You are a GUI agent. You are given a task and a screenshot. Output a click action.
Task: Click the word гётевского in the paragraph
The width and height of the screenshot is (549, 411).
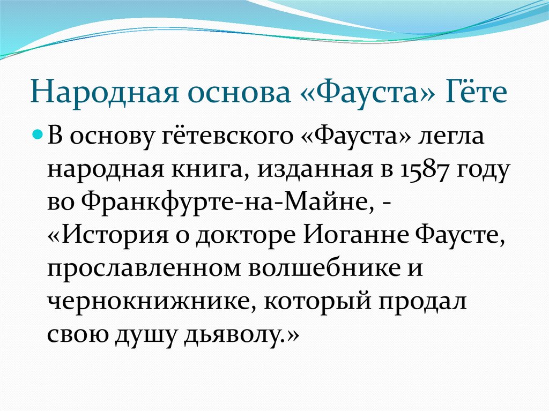pyautogui.click(x=227, y=136)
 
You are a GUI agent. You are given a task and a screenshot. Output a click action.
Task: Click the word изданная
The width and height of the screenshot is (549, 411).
pyautogui.click(x=315, y=170)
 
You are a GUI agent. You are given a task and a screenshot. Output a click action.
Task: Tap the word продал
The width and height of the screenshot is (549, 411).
pyautogui.click(x=423, y=302)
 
